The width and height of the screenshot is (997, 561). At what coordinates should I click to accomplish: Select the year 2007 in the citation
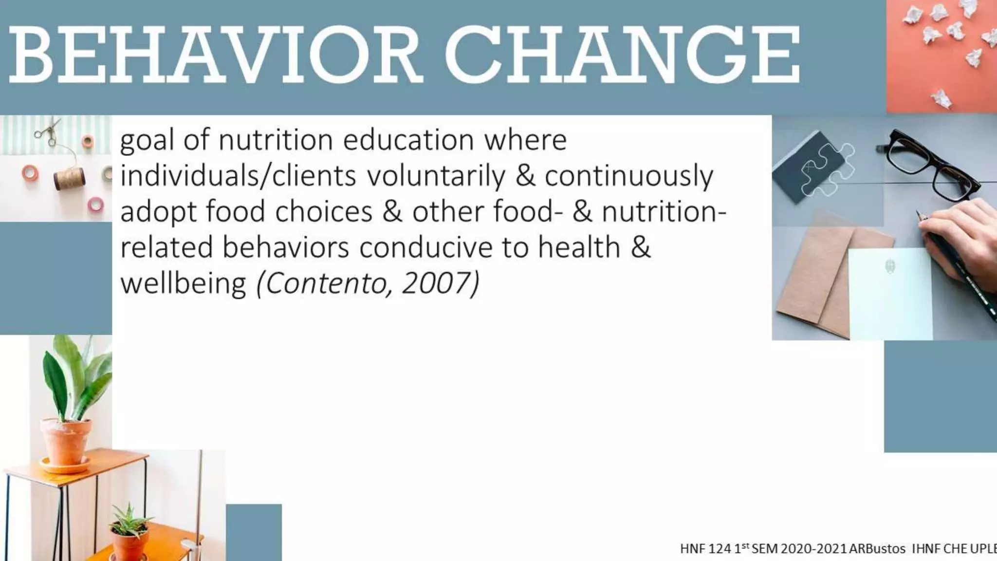click(438, 283)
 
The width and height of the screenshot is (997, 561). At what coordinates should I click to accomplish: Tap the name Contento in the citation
click(326, 283)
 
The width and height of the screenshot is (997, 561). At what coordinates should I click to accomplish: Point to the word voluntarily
click(436, 176)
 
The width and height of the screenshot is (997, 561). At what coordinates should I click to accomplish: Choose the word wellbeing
click(183, 284)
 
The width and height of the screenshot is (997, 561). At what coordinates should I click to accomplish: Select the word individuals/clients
click(238, 176)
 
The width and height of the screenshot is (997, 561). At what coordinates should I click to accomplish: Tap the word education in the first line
click(408, 140)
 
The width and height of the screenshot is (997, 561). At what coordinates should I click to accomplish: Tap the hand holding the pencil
click(961, 234)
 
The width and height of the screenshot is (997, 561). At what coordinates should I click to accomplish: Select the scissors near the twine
click(49, 131)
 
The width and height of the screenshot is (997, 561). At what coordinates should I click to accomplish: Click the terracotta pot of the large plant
click(66, 441)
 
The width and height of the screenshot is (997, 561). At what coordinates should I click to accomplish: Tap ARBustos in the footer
click(877, 548)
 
